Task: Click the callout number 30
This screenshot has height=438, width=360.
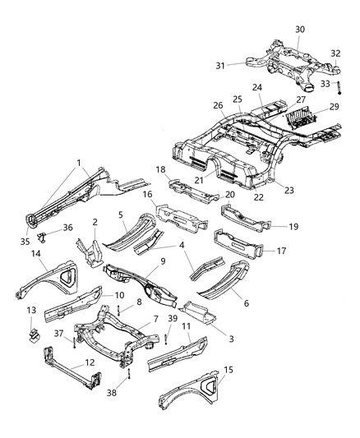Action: (300, 30)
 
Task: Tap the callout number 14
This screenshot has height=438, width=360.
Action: (36, 255)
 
